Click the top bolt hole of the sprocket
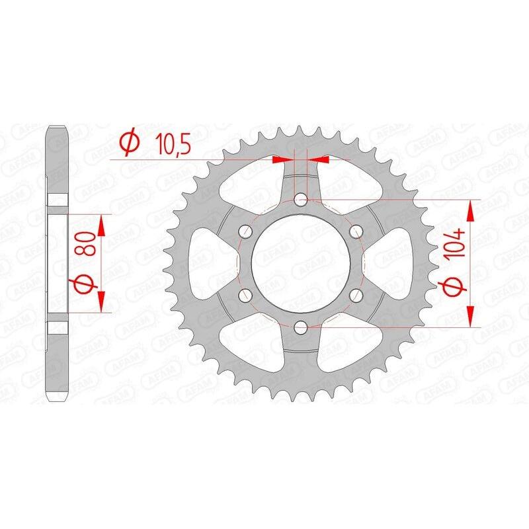pos(302,198)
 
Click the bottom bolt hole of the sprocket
pos(302,325)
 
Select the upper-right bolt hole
pos(356,230)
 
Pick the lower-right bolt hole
pos(356,294)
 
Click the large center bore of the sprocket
pos(302,262)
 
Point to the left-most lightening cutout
pos(205,262)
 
